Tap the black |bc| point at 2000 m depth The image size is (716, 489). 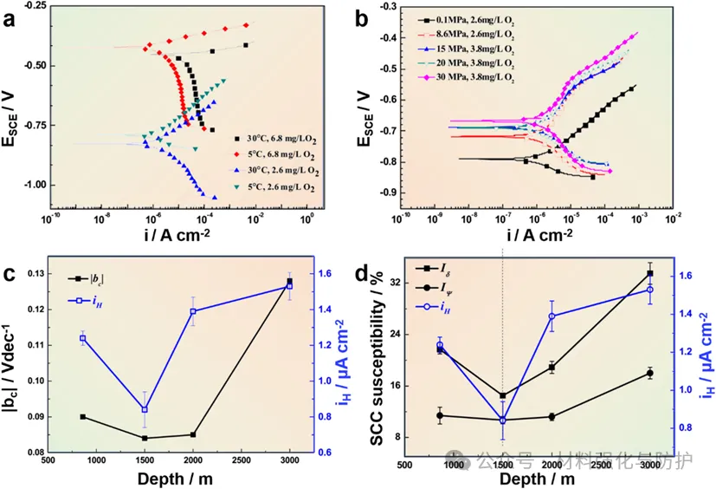[193, 434]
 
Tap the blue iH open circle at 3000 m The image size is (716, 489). [649, 290]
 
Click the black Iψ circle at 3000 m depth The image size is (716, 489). [649, 373]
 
